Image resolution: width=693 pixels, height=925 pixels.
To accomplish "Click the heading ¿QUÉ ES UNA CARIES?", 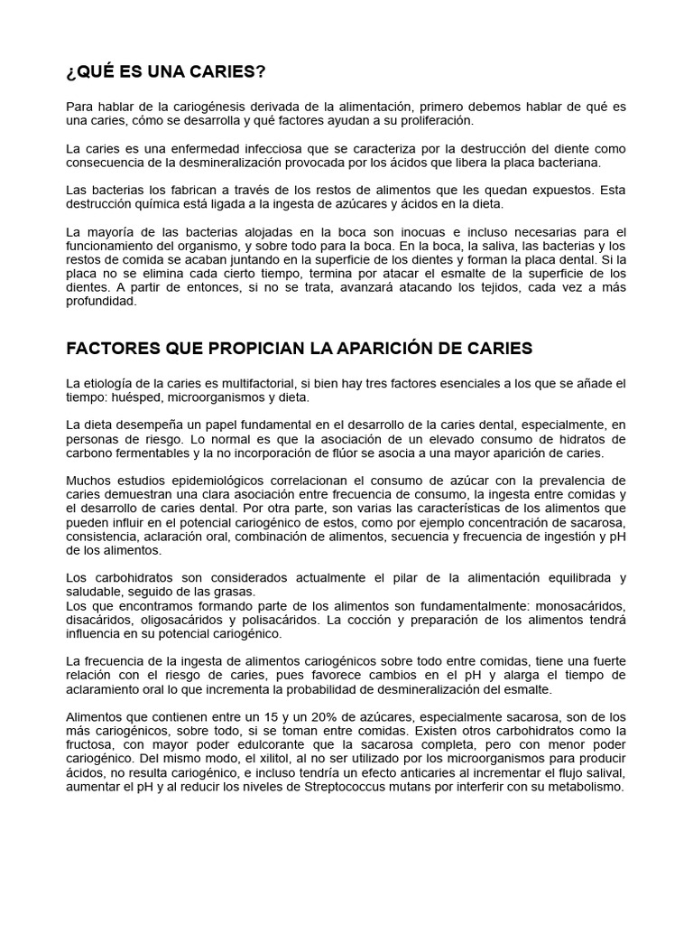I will click(x=166, y=71).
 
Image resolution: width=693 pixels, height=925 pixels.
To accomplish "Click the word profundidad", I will click(x=101, y=303).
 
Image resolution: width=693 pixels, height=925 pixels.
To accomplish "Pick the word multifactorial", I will click(x=271, y=383).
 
